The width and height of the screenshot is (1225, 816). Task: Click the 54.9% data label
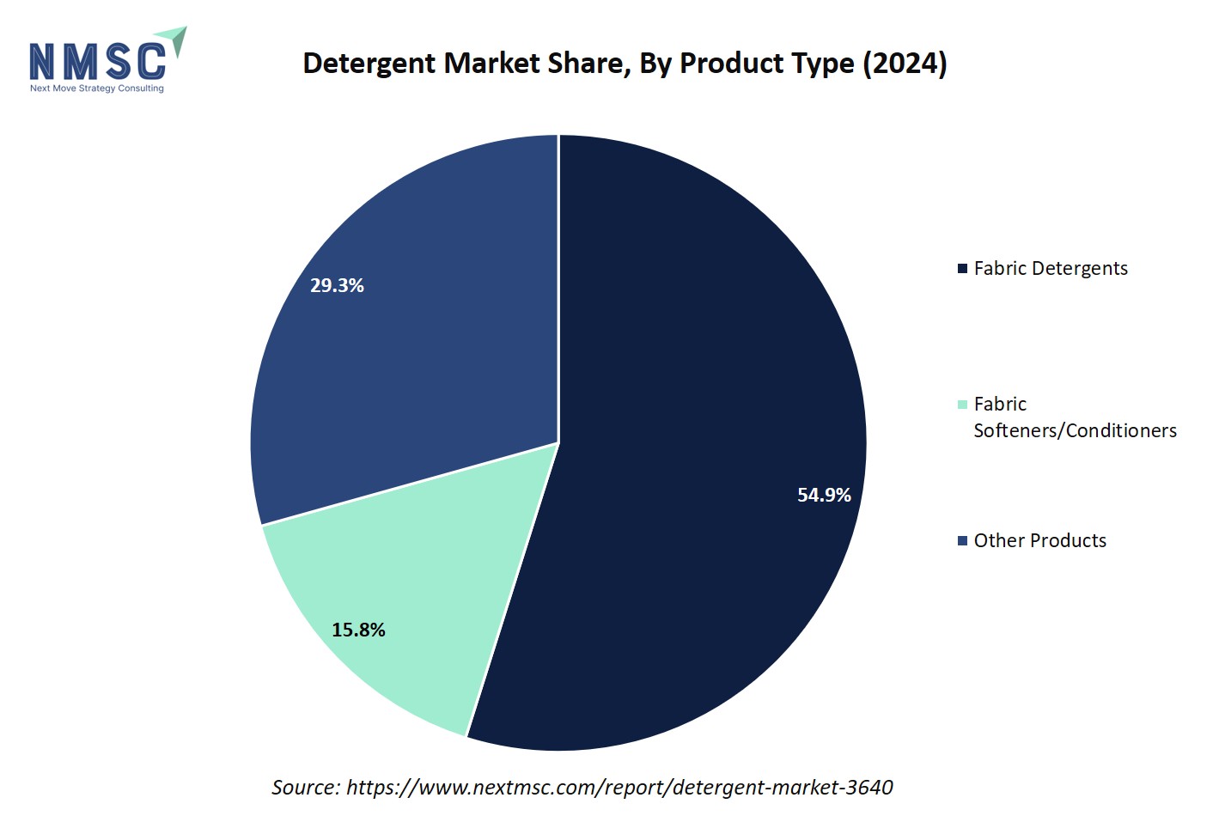pos(824,495)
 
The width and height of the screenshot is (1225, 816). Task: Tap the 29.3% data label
pos(337,285)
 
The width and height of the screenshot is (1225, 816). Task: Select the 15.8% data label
pos(358,630)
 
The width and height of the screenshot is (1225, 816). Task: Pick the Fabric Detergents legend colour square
pos(963,269)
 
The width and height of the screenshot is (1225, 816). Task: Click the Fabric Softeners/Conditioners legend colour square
pos(963,405)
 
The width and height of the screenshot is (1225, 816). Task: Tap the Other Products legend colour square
pos(963,541)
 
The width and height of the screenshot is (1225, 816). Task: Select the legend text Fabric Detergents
pos(1051,268)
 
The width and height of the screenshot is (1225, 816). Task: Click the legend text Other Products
pos(1039,540)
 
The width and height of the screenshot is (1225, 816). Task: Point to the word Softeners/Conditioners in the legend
pos(1075,430)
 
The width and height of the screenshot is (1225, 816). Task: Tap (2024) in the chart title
pos(905,64)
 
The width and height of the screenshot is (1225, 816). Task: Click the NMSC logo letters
pos(98,62)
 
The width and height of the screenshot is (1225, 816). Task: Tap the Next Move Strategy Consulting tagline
pos(96,88)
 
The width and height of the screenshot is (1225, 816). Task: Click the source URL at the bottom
pos(619,787)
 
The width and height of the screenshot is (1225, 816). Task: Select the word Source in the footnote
pos(305,787)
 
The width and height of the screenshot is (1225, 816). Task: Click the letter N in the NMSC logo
pos(42,62)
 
